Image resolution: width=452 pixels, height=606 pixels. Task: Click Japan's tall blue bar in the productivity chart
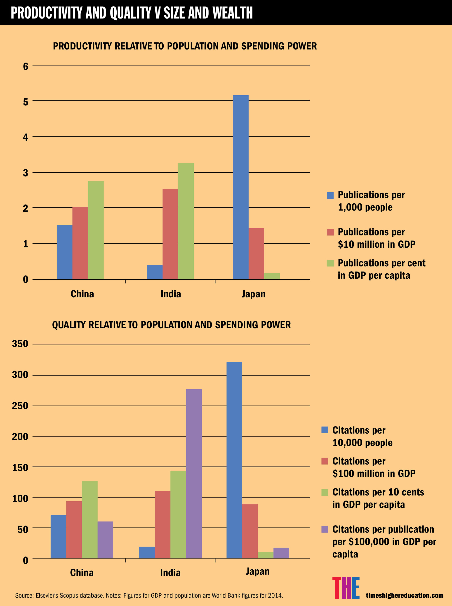coord(240,187)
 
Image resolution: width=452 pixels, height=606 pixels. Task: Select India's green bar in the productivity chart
coord(186,221)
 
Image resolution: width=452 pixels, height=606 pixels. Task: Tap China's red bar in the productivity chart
coord(80,243)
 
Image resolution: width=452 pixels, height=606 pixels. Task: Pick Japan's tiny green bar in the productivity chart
coord(272,276)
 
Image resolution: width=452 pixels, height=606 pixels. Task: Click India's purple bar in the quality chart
coord(194,473)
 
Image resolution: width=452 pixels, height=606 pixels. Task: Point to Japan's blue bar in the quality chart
coord(234,460)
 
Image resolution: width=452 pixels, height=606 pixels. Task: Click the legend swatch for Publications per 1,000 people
coord(330,195)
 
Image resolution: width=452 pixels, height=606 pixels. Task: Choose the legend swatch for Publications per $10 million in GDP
coord(330,232)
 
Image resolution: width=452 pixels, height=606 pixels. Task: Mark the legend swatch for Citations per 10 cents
coord(325,492)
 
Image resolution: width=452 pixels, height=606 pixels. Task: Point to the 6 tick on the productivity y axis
coord(26,66)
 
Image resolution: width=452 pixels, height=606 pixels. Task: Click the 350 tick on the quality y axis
coord(20,344)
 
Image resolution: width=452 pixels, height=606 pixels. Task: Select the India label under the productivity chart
coord(171,294)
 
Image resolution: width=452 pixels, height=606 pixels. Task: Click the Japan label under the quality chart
coord(257,571)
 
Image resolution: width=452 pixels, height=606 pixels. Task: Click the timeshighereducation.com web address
coord(404,595)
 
